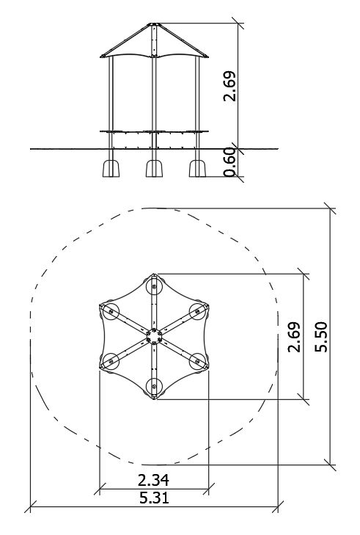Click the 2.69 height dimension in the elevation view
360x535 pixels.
tap(229, 86)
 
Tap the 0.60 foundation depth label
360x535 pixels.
tap(229, 162)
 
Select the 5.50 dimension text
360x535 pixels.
tap(321, 337)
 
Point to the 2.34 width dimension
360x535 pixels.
tap(153, 480)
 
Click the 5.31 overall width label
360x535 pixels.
tap(154, 498)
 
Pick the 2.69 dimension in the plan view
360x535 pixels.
tap(294, 337)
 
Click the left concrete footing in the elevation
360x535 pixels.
tap(111, 168)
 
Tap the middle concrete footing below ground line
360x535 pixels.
tap(154, 168)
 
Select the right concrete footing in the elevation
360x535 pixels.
tap(197, 168)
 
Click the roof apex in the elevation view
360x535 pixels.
tap(154, 23)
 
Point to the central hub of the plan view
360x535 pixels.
tap(154, 337)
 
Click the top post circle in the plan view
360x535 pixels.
tap(154, 287)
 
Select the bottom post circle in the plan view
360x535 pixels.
tap(154, 387)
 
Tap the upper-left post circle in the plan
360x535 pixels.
tap(111, 312)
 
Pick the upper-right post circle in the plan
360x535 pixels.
tap(197, 312)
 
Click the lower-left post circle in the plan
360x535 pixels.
tap(111, 361)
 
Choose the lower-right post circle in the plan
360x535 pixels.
tap(197, 361)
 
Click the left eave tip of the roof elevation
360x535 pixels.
tap(100, 56)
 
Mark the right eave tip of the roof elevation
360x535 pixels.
tap(208, 57)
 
